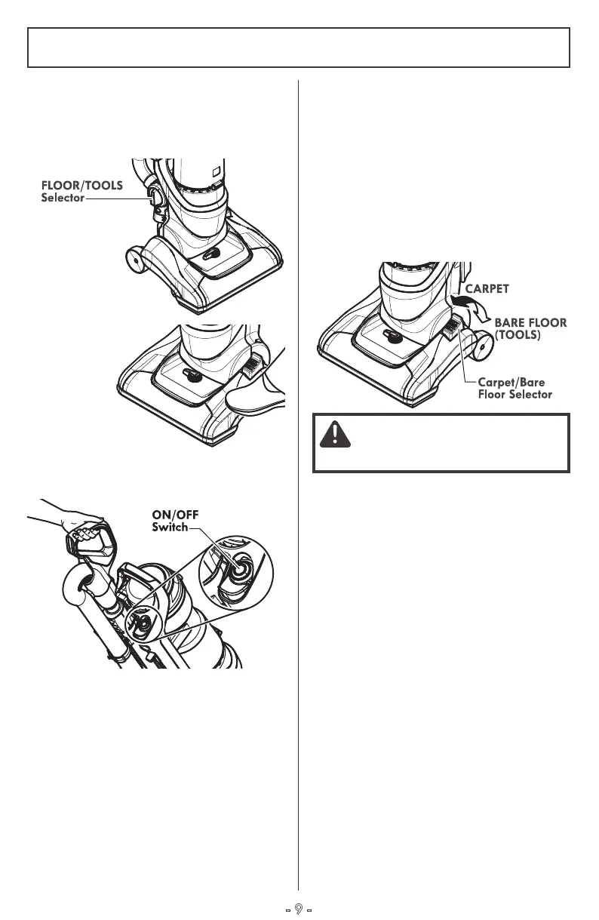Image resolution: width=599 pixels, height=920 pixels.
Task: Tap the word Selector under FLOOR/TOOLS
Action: click(x=63, y=198)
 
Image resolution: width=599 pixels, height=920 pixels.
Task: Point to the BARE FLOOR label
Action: click(x=530, y=322)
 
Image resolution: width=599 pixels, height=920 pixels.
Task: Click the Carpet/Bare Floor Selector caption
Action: click(x=515, y=389)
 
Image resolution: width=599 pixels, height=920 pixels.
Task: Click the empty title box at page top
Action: click(x=299, y=48)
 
